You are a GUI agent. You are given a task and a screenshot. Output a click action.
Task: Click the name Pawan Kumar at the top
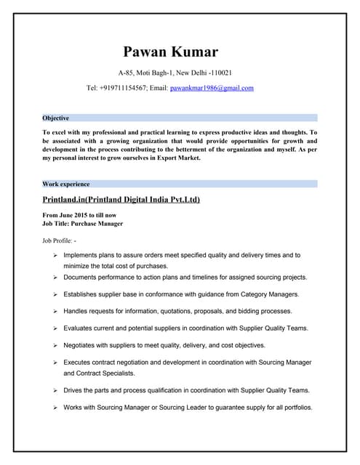click(170, 52)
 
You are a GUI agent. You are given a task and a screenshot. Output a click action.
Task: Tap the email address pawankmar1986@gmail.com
click(212, 88)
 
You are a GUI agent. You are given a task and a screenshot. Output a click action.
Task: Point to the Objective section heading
click(56, 118)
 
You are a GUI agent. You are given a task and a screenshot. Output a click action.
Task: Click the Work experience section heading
click(66, 184)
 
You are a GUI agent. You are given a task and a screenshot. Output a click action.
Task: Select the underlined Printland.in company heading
click(121, 199)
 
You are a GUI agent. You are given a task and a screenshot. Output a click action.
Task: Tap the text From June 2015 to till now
click(79, 215)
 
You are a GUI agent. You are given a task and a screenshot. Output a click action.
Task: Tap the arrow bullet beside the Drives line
click(55, 390)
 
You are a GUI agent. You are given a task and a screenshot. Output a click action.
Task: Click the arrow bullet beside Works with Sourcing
click(55, 407)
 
